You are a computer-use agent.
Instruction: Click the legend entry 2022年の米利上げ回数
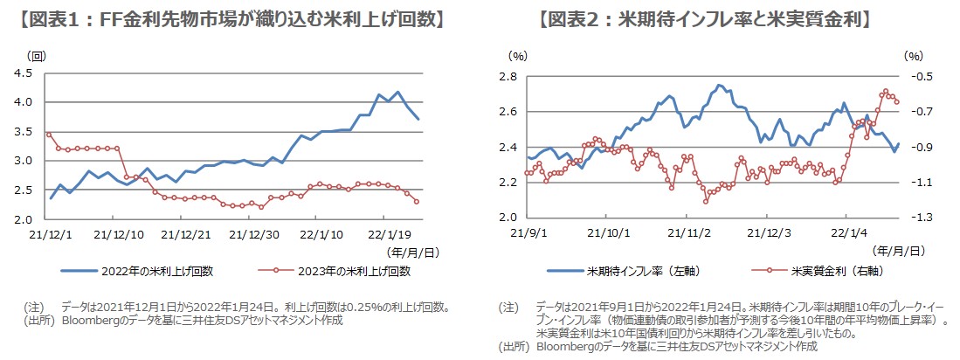[x=143, y=271]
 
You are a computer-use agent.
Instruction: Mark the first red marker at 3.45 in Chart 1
[x=49, y=135]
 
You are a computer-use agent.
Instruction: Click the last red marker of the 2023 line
[x=417, y=202]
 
